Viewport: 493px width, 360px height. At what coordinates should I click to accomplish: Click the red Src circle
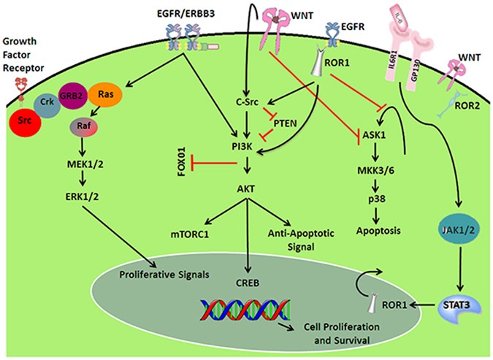coord(25,121)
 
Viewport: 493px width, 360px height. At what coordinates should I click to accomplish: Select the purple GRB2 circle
coord(72,96)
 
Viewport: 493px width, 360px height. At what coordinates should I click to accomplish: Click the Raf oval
coord(84,126)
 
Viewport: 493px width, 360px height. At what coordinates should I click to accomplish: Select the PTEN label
coord(285,123)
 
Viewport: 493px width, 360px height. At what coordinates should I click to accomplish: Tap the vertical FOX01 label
coord(183,161)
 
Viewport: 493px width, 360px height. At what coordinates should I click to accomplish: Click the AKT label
coord(246,188)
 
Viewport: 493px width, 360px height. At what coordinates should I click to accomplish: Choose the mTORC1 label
coord(190,234)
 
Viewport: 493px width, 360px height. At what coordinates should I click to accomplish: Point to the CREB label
coord(248,283)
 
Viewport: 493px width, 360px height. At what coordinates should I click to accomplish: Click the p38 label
coord(377,199)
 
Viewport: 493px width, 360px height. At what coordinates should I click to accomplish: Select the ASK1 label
coord(374,135)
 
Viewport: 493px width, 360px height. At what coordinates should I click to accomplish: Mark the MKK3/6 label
coord(375,170)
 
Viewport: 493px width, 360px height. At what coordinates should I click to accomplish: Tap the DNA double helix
coord(245,310)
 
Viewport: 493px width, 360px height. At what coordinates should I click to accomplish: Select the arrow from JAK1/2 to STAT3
coord(460,269)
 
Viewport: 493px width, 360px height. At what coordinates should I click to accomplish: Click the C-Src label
coord(247,102)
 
